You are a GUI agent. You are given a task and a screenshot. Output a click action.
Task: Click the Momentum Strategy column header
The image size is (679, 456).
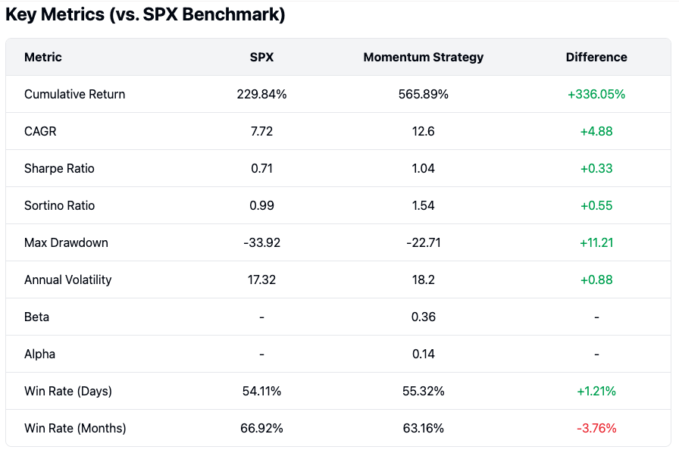click(x=423, y=58)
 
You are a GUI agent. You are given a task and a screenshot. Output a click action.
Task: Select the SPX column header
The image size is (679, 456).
click(x=261, y=58)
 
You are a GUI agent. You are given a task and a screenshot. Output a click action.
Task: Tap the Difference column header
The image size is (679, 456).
click(x=596, y=58)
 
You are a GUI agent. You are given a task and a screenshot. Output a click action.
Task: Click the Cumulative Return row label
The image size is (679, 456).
click(x=74, y=95)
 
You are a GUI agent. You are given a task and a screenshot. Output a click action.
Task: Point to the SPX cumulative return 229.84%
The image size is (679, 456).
click(x=261, y=95)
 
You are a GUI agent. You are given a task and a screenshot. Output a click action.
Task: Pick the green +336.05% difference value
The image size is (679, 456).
click(x=596, y=95)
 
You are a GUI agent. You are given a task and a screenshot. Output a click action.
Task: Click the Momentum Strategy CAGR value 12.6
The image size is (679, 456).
click(x=423, y=132)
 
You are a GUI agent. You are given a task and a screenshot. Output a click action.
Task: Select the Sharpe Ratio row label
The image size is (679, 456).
click(x=59, y=169)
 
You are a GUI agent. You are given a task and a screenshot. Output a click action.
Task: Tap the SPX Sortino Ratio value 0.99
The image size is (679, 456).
click(x=261, y=206)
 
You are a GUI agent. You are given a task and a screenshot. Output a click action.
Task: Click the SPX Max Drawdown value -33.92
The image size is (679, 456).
click(x=261, y=243)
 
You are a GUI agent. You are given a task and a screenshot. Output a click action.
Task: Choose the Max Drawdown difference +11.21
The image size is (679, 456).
click(x=596, y=243)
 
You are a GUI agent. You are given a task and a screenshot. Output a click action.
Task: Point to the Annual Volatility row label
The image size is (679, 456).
click(x=67, y=280)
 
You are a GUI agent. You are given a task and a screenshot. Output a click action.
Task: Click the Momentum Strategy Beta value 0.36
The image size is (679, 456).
click(x=423, y=317)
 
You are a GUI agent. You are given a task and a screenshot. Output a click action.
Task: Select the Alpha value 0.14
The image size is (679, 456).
click(x=423, y=354)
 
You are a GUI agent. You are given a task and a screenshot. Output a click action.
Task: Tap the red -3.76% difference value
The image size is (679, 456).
click(x=596, y=429)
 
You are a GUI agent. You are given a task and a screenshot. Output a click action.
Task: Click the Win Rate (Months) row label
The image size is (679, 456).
click(x=75, y=429)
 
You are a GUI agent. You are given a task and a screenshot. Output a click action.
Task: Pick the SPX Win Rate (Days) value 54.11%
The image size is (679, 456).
click(x=261, y=392)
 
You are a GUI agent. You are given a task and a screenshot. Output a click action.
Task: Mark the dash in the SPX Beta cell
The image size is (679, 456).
click(x=261, y=317)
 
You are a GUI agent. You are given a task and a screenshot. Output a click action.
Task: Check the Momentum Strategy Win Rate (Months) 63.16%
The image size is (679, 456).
click(x=423, y=429)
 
